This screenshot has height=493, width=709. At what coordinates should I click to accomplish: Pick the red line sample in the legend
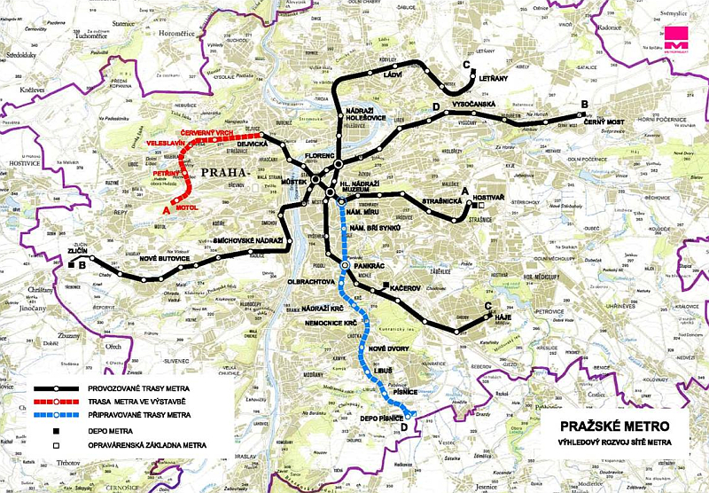(x=58, y=401)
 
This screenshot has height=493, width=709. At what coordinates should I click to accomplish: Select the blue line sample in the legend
(x=58, y=414)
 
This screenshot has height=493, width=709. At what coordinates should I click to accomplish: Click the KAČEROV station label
(x=409, y=289)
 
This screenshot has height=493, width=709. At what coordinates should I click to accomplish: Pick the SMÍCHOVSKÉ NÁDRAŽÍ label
(x=247, y=241)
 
